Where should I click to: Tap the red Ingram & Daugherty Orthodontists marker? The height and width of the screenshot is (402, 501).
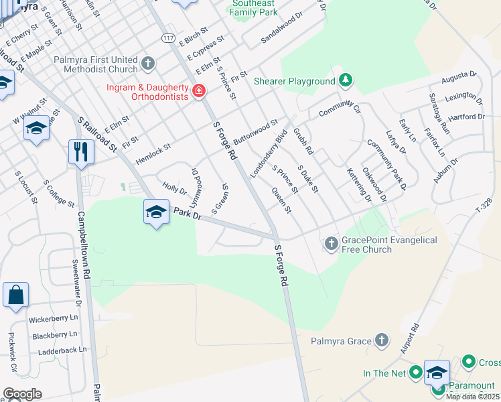[198, 90]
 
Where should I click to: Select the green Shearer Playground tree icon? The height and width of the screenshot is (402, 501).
[345, 81]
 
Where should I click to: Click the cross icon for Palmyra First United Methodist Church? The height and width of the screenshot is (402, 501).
[148, 63]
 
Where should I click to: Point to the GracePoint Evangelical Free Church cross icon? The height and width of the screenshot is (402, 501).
[332, 244]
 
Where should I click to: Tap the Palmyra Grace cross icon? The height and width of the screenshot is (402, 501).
[381, 340]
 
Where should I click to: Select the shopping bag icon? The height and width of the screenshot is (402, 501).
[15, 295]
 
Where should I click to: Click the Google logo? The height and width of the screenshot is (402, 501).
[22, 394]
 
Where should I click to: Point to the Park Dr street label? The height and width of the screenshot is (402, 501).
[188, 213]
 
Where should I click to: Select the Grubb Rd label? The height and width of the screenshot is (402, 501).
[303, 141]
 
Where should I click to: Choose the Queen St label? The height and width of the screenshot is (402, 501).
[281, 200]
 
